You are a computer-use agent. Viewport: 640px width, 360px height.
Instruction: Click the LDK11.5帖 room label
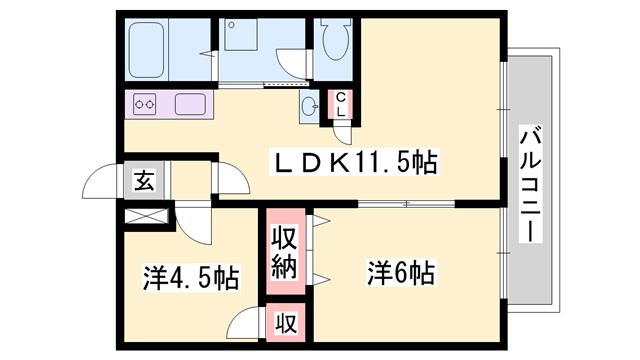click(354, 162)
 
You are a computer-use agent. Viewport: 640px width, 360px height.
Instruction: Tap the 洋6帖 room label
click(401, 273)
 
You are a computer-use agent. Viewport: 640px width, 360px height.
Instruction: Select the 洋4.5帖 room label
click(191, 278)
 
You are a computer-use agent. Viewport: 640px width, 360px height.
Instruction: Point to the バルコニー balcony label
click(531, 184)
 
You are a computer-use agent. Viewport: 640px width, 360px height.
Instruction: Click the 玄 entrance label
click(144, 180)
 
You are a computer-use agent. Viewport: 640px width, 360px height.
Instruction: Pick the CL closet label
click(341, 104)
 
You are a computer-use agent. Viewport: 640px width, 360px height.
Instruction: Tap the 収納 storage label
click(285, 252)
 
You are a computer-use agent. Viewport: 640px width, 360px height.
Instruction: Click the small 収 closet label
click(285, 323)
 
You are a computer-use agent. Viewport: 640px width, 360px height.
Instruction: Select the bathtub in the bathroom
click(147, 50)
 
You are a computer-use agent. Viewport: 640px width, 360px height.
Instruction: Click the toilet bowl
click(337, 40)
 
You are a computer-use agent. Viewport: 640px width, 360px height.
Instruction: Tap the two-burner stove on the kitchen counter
click(145, 104)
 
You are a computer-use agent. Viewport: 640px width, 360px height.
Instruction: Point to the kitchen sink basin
click(190, 104)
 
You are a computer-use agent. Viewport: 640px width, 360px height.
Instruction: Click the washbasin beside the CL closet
click(310, 107)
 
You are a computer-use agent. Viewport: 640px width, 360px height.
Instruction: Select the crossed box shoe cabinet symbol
click(146, 216)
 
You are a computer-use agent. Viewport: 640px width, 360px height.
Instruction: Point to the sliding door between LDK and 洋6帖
click(406, 203)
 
